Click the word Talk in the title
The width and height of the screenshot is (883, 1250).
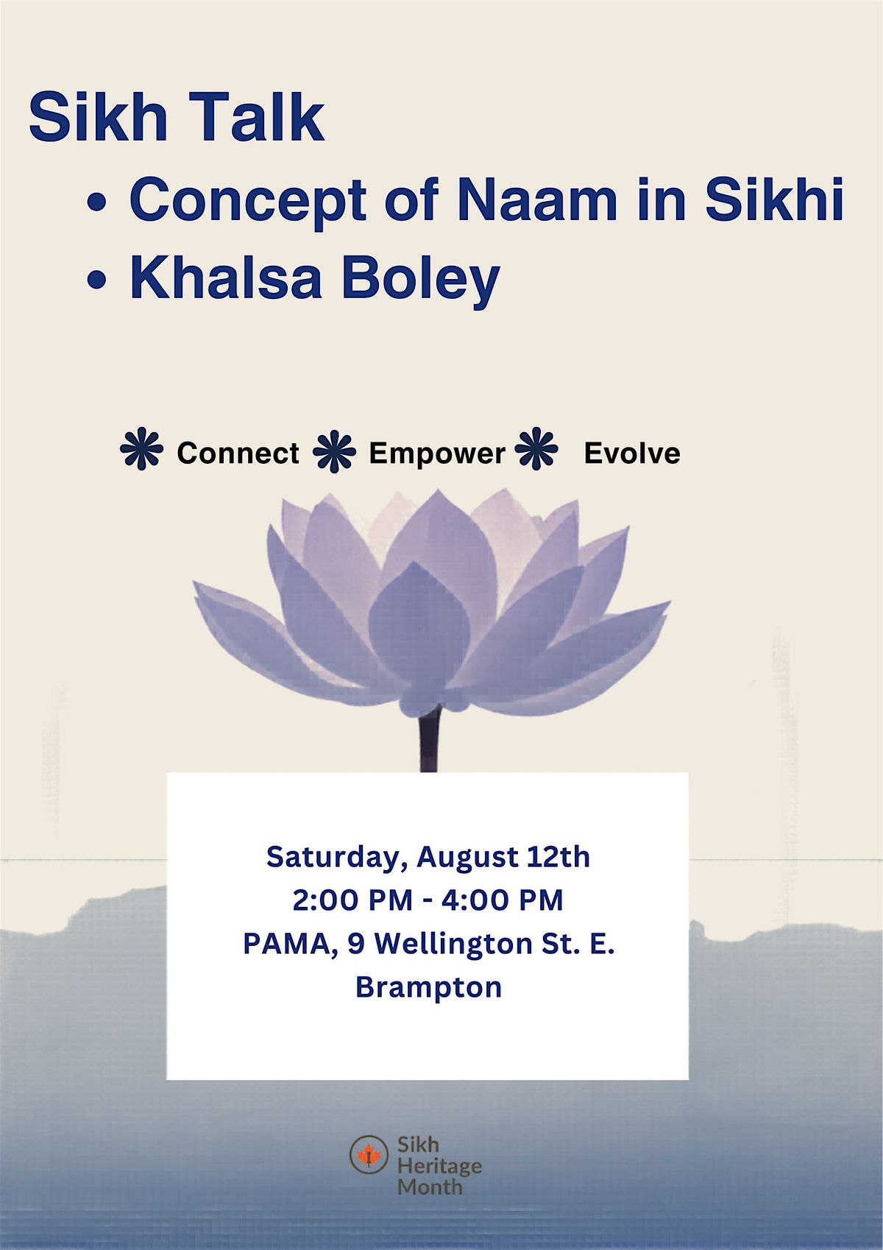pos(263,118)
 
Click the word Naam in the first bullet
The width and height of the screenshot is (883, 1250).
pos(537,199)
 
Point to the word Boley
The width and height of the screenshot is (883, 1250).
pos(421,282)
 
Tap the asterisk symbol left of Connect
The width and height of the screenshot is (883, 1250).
pos(142,448)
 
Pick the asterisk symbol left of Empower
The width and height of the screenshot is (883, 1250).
pos(334,451)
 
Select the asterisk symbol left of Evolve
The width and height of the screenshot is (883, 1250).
pos(536,448)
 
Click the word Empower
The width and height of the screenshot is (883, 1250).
pos(437,454)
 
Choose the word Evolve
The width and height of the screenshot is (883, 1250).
pos(632,453)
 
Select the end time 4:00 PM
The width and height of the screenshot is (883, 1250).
pos(501,900)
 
